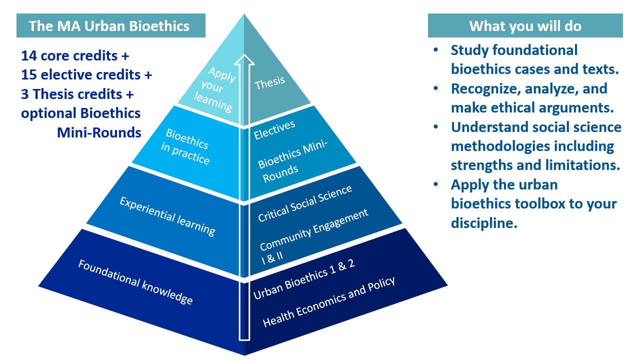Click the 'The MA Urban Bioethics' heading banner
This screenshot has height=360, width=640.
click(110, 26)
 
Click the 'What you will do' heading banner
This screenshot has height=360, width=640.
click(525, 26)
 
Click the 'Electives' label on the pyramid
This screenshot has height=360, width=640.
click(274, 130)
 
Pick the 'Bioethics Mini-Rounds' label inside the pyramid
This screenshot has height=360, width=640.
click(292, 160)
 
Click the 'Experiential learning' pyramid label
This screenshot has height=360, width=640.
click(168, 215)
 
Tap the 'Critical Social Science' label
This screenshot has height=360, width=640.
click(305, 203)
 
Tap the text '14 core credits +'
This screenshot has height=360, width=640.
click(75, 55)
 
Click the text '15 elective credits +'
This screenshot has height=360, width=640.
click(86, 75)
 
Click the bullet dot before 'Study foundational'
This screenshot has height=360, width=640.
click(436, 50)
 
